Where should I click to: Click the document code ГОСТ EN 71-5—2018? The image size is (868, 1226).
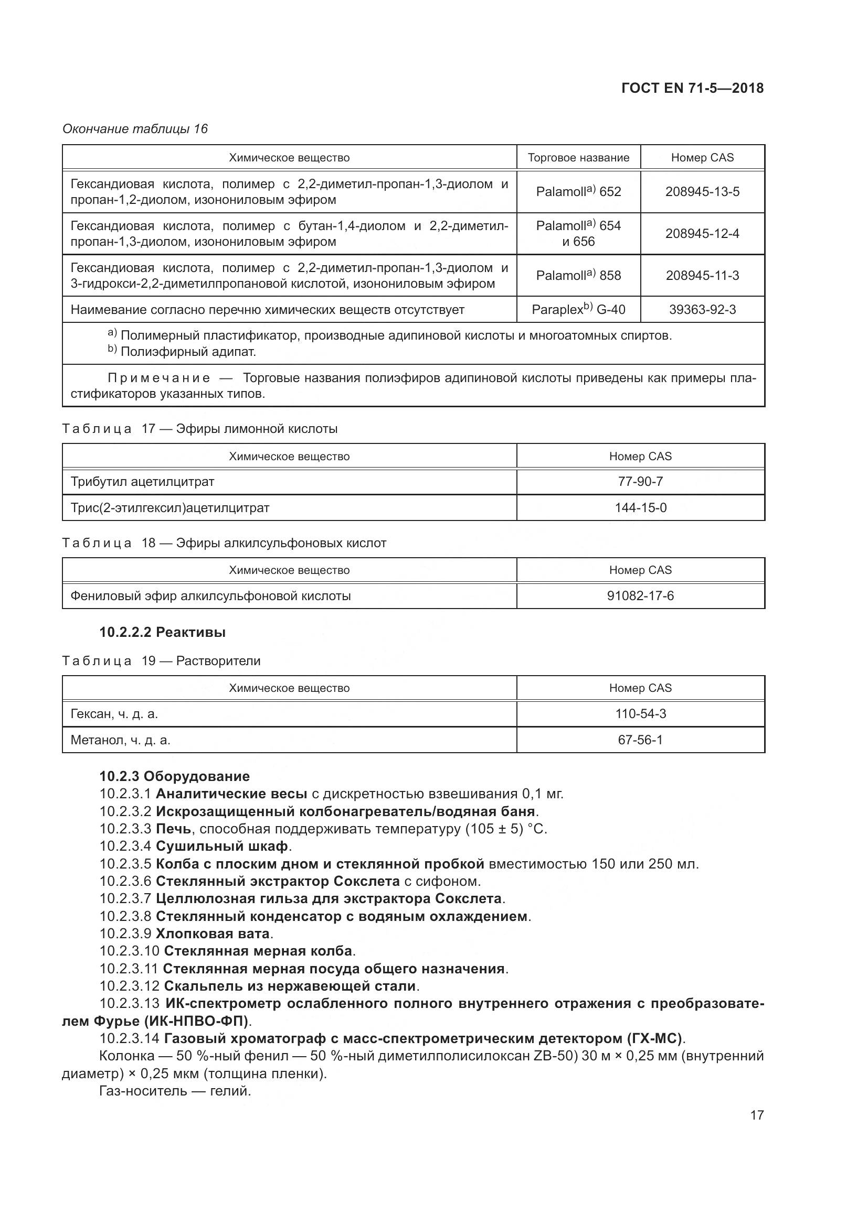[692, 89]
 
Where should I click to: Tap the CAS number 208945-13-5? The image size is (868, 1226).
[702, 192]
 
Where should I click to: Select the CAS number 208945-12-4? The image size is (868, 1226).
[702, 233]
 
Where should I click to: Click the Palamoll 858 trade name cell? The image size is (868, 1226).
[578, 276]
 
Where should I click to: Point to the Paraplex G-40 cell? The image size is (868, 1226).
[578, 310]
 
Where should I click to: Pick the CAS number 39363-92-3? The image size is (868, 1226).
[702, 310]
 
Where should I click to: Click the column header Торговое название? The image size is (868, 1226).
[578, 158]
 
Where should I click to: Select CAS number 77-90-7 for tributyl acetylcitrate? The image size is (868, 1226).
[640, 482]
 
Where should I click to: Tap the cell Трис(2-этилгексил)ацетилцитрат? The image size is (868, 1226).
[170, 508]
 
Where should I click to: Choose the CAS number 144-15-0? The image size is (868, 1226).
[640, 508]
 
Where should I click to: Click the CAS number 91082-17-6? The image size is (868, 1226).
[640, 596]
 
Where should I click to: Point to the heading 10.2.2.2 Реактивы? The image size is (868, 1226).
[163, 633]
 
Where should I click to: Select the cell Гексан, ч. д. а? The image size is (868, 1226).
[114, 714]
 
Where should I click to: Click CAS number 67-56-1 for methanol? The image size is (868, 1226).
[640, 740]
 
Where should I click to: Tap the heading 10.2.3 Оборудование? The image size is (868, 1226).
[174, 776]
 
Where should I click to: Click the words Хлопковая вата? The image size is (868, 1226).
[213, 934]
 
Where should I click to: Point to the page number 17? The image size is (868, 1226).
[757, 1115]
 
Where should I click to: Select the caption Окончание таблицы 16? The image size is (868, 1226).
[135, 129]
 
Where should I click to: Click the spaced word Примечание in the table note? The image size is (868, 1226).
[158, 378]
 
